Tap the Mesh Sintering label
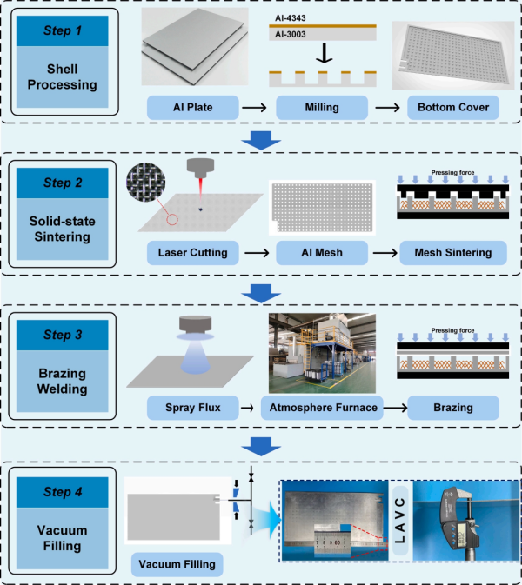coord(453,253)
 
